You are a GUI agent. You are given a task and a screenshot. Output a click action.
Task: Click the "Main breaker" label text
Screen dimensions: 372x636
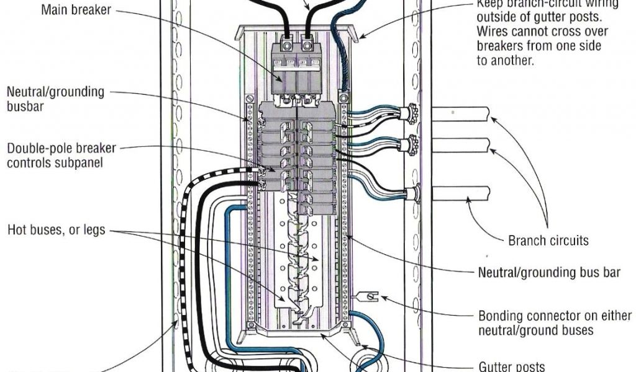77,10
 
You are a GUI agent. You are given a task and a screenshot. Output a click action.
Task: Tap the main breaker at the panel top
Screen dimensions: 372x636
297,68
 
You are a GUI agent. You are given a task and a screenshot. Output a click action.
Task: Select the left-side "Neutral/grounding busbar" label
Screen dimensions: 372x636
55,99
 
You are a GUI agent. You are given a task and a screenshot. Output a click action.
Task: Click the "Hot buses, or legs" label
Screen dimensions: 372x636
56,231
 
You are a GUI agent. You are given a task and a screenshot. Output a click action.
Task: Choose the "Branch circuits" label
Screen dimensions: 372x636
548,241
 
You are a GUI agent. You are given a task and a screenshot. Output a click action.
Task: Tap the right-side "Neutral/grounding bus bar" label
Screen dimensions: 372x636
548,272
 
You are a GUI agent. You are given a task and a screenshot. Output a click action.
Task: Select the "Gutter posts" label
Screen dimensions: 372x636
512,366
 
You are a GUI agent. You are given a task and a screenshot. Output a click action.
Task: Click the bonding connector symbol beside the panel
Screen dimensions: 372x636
369,298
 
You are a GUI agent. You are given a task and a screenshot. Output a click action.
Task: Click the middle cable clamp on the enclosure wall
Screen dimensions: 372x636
411,146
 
